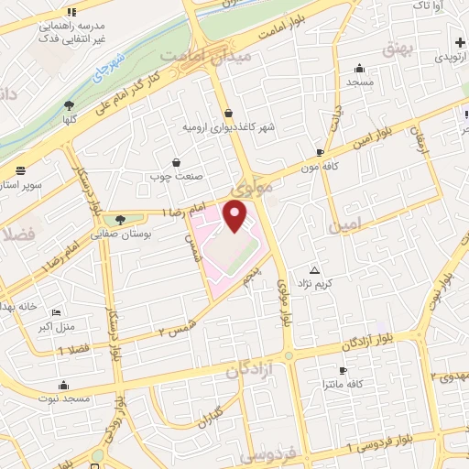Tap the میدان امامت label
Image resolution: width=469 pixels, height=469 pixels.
196,56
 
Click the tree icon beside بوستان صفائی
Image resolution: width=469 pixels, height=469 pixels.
120,219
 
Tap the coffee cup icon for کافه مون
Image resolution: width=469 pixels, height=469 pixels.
319,152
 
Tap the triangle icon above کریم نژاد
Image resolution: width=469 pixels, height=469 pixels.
315,270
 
